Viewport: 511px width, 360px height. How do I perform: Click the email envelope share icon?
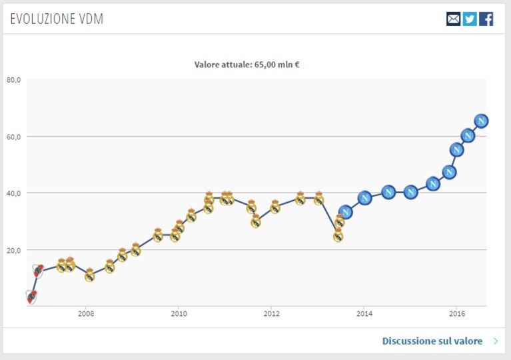[453, 19]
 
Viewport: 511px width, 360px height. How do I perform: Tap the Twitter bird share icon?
[470, 19]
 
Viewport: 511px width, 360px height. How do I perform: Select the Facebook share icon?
[486, 19]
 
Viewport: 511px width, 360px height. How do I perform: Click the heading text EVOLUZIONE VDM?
[57, 19]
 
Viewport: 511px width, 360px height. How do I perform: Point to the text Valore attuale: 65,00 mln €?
[247, 65]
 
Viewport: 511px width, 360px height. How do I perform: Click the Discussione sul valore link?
[432, 341]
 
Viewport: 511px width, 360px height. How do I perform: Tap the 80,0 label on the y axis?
[13, 80]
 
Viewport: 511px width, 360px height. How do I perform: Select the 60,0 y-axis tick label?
[13, 137]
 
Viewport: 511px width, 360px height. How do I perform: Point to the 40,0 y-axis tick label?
[13, 193]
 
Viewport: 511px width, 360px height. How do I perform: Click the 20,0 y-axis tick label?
[13, 251]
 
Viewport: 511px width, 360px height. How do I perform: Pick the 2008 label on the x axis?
[86, 314]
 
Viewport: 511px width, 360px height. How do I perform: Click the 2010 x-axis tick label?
[179, 314]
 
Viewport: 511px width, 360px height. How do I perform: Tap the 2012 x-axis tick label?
[271, 314]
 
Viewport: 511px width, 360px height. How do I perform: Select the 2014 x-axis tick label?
[364, 314]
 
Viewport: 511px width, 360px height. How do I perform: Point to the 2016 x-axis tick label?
[457, 314]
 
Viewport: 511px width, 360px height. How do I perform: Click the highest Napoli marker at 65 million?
[481, 121]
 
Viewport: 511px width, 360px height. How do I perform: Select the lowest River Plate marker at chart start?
[31, 297]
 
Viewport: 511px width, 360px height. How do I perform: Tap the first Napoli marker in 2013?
[346, 212]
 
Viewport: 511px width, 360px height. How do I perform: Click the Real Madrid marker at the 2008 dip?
[90, 275]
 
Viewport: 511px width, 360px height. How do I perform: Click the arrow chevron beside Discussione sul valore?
[496, 341]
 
